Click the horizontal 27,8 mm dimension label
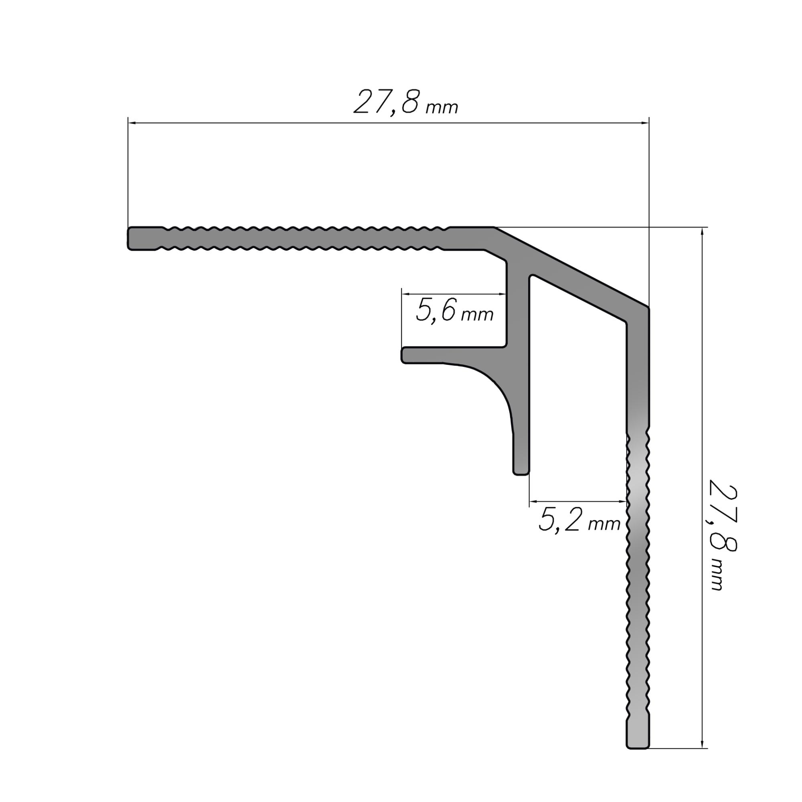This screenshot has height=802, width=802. (405, 102)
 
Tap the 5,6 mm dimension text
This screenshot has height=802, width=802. (454, 311)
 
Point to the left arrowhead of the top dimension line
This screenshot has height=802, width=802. (132, 123)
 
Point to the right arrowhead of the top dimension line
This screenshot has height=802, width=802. (644, 123)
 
